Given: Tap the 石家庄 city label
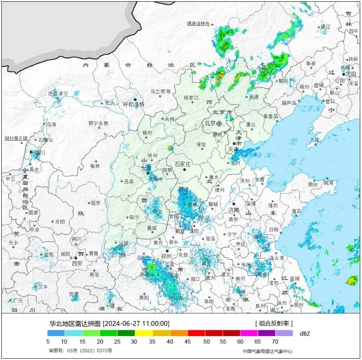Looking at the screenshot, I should (x=182, y=164).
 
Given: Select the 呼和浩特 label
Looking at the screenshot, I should (x=134, y=105).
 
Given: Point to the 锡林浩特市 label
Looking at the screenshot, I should (x=198, y=24).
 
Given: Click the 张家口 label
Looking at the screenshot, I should (x=192, y=98).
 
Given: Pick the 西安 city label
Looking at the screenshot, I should (x=77, y=263).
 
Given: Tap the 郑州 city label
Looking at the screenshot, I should (x=166, y=256).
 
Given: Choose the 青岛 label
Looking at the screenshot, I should (x=297, y=211).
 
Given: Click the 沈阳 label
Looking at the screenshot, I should (x=351, y=74).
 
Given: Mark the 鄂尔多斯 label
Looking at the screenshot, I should (x=98, y=123).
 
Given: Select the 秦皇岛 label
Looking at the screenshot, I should (x=270, y=116).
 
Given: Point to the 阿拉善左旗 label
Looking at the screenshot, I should (x=16, y=138).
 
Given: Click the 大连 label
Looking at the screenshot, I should (x=315, y=140).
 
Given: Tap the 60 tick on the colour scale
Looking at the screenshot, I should (x=240, y=342).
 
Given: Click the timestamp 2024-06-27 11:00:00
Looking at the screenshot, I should (x=136, y=323).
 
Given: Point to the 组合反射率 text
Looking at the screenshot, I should (x=274, y=323).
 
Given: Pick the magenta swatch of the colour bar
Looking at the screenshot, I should (x=249, y=332).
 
